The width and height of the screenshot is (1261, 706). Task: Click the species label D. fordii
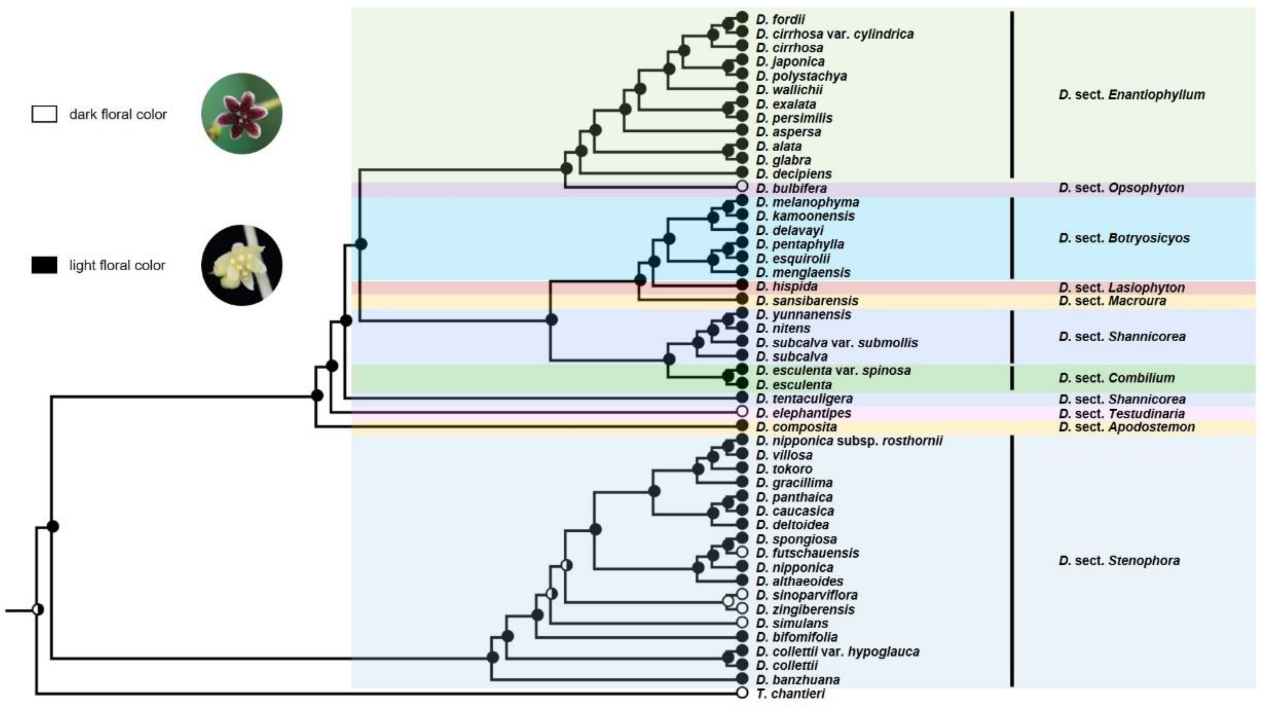click(780, 20)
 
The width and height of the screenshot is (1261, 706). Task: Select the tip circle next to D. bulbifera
click(742, 186)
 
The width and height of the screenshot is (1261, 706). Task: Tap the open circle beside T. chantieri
click(742, 693)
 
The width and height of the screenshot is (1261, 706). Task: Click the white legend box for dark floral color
click(44, 114)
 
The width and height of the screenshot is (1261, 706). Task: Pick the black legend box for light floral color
click(44, 265)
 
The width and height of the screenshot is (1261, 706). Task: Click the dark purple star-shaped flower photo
click(242, 114)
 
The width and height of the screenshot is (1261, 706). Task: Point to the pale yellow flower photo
click(242, 265)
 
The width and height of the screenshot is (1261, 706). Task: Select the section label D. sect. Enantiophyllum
click(1131, 94)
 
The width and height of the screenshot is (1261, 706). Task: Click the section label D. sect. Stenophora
click(1119, 560)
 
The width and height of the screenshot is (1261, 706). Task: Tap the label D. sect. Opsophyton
click(1121, 187)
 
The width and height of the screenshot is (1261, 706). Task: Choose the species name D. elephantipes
click(803, 413)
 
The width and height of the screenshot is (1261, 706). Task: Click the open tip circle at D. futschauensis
click(742, 552)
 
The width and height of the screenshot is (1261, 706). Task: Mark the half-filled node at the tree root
click(38, 610)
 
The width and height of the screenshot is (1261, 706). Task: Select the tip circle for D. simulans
click(742, 622)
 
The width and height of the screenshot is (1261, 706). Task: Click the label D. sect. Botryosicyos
click(1124, 238)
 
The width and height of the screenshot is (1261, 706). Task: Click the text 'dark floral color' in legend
click(118, 115)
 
